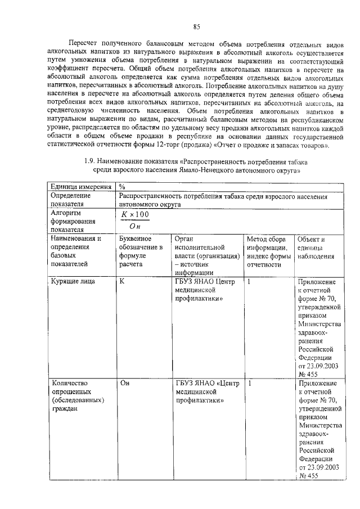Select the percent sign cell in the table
point(122,187)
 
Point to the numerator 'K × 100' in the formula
point(136,215)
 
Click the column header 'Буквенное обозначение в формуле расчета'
point(141,251)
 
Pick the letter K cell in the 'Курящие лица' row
point(122,281)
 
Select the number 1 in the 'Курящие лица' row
point(249,281)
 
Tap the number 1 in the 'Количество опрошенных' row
point(249,383)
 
